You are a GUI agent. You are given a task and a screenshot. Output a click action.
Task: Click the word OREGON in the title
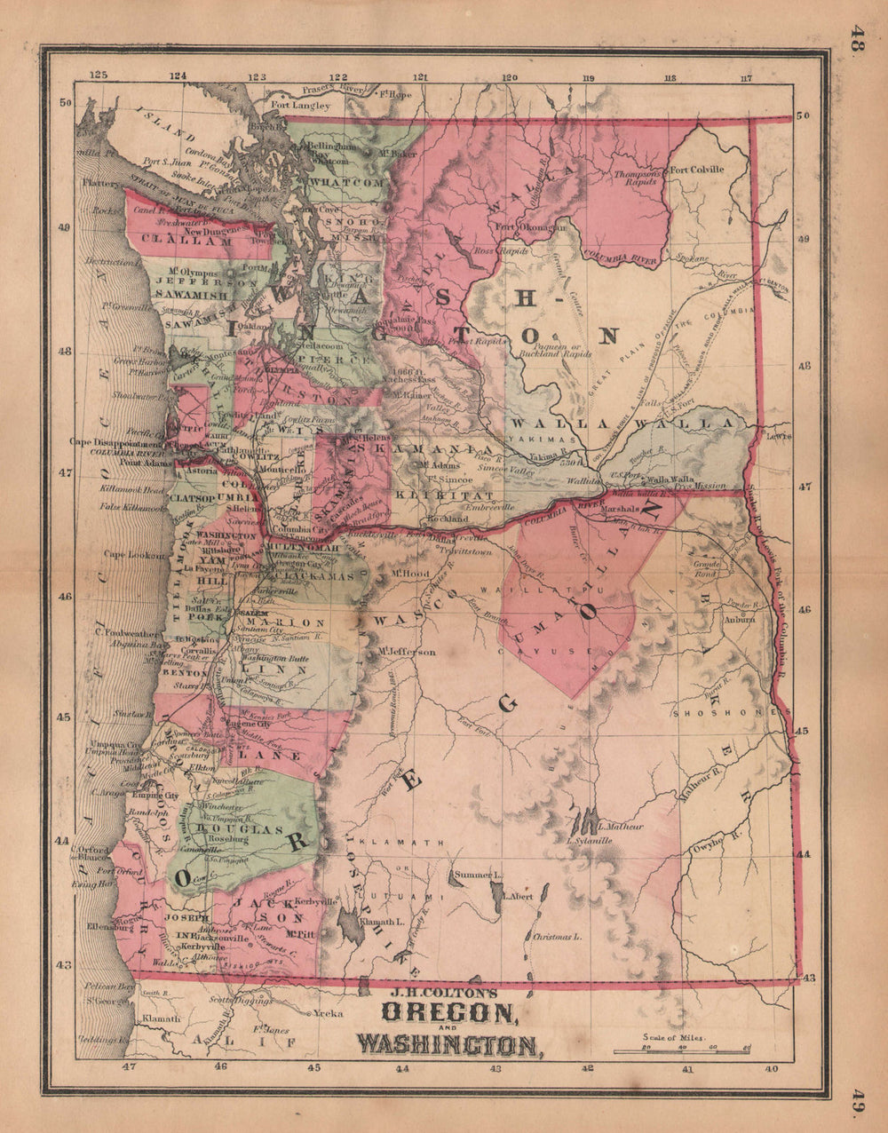pos(448,1012)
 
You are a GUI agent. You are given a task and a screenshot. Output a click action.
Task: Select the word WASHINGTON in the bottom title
pos(450,1045)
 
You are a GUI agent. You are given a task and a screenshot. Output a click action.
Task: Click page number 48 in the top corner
pos(857,41)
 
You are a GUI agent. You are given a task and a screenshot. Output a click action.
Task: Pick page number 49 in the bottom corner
pos(857,1100)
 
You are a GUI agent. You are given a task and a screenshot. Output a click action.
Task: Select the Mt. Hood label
pos(409,574)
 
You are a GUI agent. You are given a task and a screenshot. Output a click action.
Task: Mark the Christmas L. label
pos(557,936)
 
